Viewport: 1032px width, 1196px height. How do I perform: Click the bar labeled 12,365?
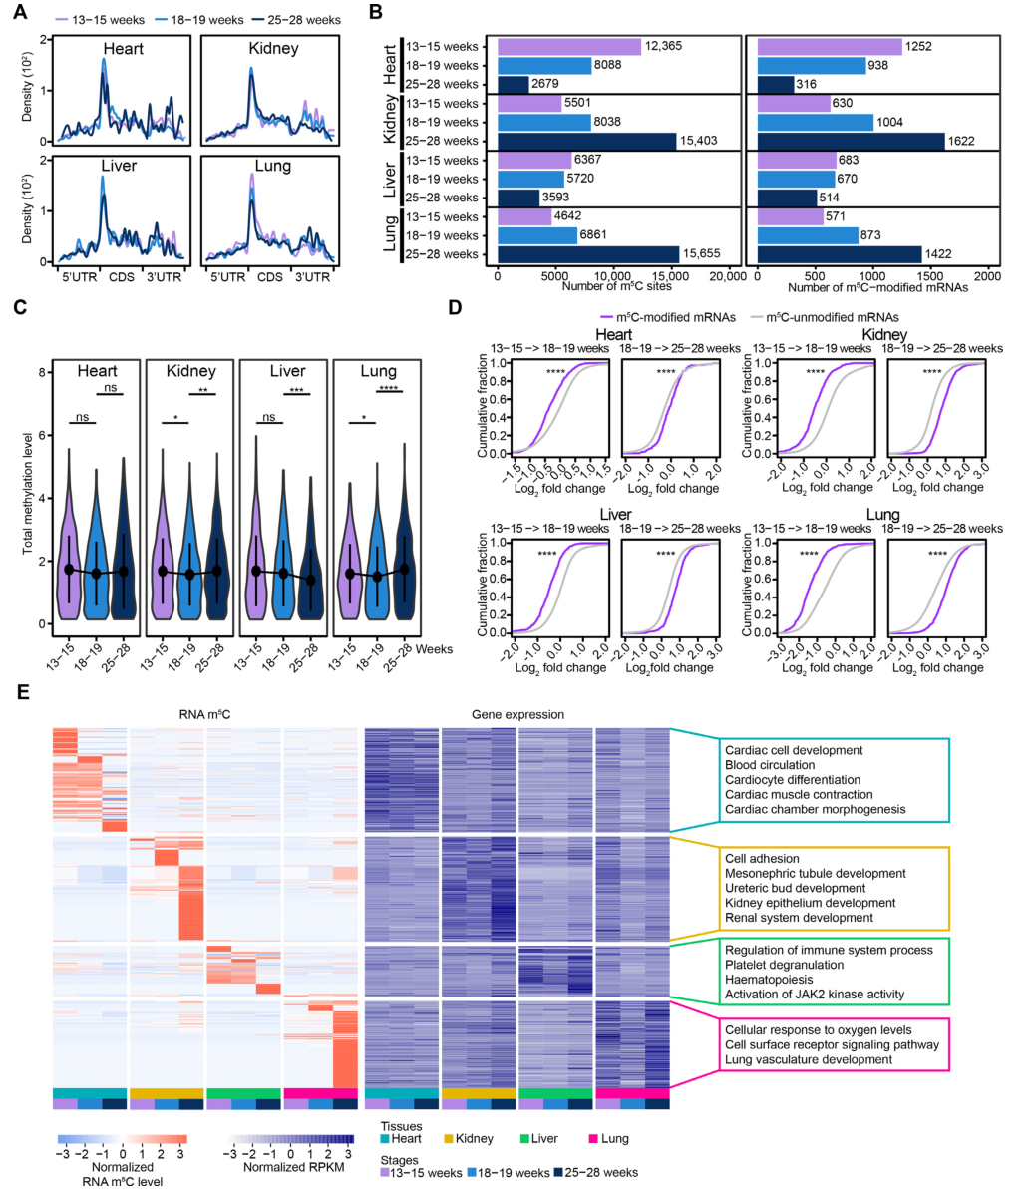point(568,47)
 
